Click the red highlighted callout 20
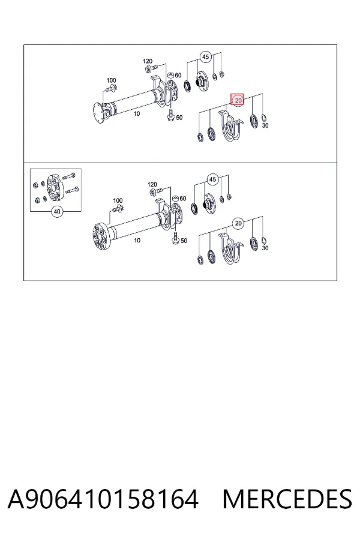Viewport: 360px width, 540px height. pos(238,100)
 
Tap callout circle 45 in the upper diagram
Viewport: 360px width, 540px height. pos(205,57)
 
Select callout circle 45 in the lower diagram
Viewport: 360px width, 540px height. pos(212,179)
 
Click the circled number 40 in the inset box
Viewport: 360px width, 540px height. pos(57,211)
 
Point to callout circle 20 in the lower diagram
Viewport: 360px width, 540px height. pos(238,224)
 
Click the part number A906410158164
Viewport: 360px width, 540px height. pos(103,499)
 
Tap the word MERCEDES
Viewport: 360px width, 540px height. pos(287,499)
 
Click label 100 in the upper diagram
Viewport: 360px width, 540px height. pos(111,80)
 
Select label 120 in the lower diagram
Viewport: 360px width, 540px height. pos(152,185)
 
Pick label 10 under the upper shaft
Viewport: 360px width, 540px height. pos(137,113)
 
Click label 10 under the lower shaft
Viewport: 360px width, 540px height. pos(137,241)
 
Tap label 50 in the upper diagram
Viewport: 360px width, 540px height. pos(179,118)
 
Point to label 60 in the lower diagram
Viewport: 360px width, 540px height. pos(182,199)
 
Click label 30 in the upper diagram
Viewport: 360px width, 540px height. pos(265,126)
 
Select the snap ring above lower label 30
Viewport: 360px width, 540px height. pos(264,239)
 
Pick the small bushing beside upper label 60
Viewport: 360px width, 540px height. pos(170,76)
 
